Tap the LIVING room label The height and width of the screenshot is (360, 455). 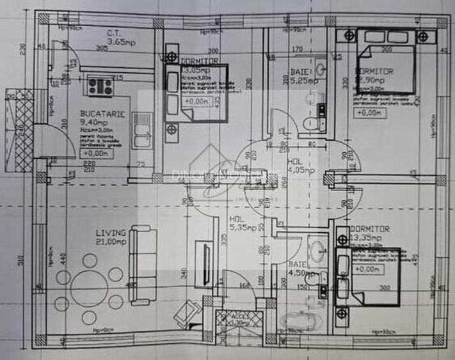(x=93, y=233)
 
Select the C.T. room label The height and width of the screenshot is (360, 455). (x=116, y=33)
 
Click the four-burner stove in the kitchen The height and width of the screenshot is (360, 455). (x=100, y=86)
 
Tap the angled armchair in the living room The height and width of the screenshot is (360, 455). (x=188, y=313)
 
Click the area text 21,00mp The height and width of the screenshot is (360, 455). (x=93, y=241)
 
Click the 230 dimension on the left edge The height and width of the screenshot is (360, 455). (x=21, y=49)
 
